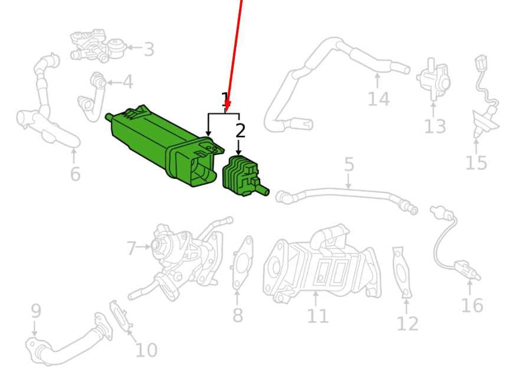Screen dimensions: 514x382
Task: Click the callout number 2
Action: click(x=240, y=130)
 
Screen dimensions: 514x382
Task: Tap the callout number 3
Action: click(x=149, y=49)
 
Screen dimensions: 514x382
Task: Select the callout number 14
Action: click(x=379, y=99)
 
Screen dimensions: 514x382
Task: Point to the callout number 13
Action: click(x=435, y=126)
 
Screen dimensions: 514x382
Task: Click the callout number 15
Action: click(x=476, y=162)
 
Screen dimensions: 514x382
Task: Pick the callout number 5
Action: click(x=349, y=164)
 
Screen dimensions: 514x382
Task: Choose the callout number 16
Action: click(x=472, y=305)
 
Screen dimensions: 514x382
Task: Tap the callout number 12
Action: click(x=407, y=324)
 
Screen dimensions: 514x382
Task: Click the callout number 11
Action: click(x=317, y=316)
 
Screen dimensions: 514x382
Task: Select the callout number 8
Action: click(x=238, y=315)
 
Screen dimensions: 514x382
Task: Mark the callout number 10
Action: click(x=146, y=350)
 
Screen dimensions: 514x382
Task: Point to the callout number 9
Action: click(x=36, y=311)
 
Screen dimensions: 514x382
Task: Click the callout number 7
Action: click(x=131, y=248)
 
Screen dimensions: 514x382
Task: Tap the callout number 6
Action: click(x=75, y=174)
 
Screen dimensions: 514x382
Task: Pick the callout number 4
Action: click(x=128, y=82)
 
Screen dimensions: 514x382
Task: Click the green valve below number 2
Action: click(x=244, y=178)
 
